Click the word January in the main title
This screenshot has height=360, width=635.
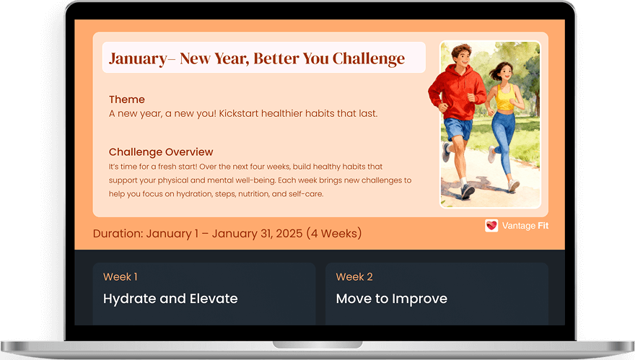click(136, 58)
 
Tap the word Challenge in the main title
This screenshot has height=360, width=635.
click(368, 58)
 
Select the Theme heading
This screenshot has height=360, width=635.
click(127, 100)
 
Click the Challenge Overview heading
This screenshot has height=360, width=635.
click(161, 152)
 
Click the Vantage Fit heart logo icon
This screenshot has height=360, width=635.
click(491, 226)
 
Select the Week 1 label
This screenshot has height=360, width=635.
click(121, 277)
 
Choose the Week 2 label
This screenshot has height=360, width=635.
click(354, 277)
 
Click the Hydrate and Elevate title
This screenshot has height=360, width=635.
click(170, 299)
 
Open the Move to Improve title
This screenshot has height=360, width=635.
click(392, 299)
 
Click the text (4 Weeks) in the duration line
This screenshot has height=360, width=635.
click(334, 234)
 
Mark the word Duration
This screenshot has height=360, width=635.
click(118, 234)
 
